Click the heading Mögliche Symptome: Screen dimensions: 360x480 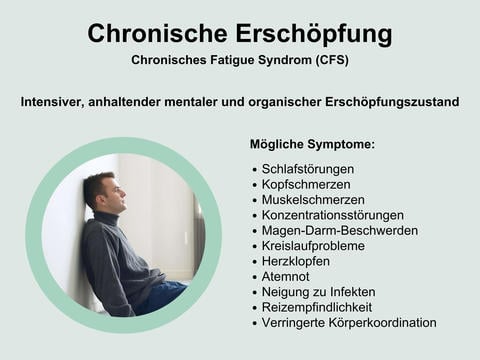point(312,144)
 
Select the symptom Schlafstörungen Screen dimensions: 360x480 point(307,169)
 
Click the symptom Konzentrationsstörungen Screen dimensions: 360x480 point(332,215)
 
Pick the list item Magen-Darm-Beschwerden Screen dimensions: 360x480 point(339,230)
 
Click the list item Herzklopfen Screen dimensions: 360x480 point(296,261)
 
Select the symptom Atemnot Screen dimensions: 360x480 point(286,277)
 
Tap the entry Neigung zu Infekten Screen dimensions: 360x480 point(317,292)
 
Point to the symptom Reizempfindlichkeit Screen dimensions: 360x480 point(316,307)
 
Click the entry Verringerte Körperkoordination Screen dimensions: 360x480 point(349,323)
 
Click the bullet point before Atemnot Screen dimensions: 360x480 point(255,277)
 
